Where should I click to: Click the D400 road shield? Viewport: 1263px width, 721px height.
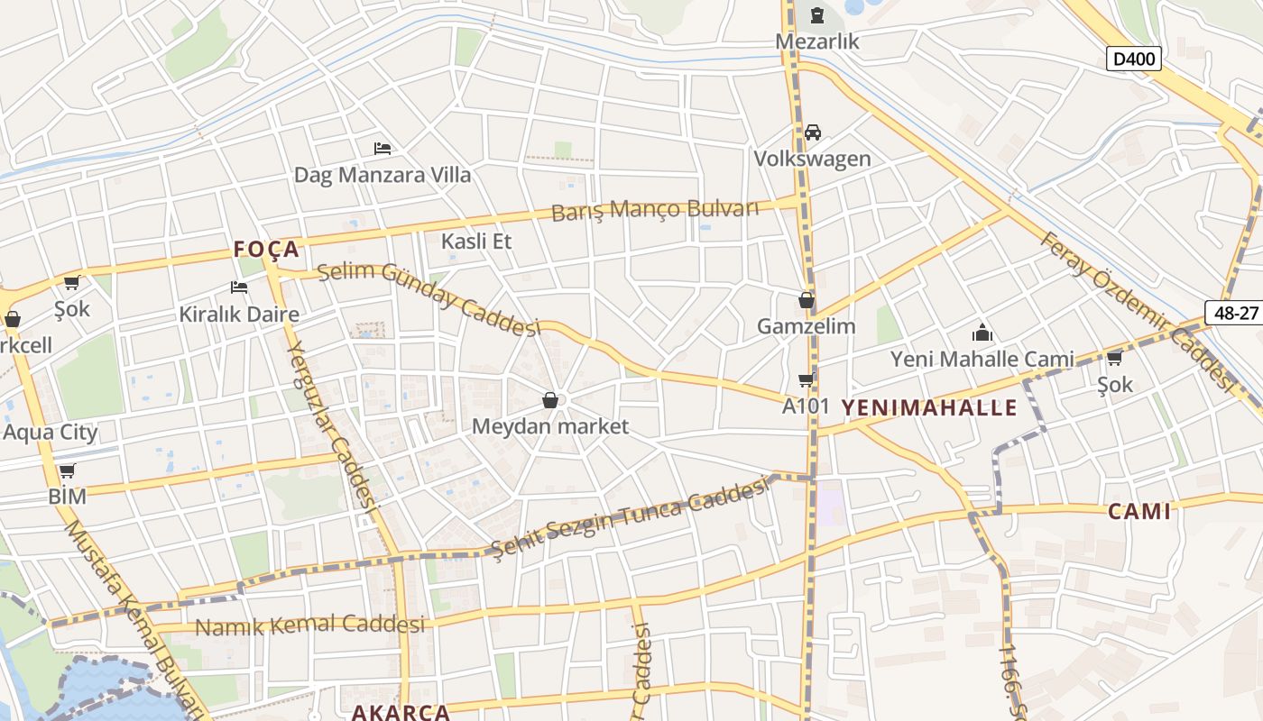1133,59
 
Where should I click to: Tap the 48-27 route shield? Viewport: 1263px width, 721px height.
1235,312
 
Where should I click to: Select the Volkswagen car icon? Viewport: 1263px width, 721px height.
813,132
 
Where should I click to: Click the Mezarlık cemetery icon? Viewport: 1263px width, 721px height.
817,15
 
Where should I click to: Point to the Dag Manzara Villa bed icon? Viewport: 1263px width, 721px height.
383,148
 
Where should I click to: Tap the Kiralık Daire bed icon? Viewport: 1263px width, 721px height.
239,287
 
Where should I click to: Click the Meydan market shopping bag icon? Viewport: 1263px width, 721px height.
550,400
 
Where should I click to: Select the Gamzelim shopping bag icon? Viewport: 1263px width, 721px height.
806,300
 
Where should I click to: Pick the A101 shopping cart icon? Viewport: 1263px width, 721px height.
806,379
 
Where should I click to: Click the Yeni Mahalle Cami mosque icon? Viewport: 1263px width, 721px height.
982,333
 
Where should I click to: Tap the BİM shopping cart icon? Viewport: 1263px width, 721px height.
67,470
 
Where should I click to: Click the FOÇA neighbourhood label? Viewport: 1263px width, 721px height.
266,249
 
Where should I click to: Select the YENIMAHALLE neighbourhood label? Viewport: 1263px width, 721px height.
929,407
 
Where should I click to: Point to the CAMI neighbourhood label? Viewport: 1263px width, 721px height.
1139,512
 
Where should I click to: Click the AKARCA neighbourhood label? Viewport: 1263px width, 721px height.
400,712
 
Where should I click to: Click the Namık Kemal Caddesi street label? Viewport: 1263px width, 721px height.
309,625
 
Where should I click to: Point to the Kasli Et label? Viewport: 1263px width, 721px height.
476,241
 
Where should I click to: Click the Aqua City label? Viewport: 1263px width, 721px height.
51,432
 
